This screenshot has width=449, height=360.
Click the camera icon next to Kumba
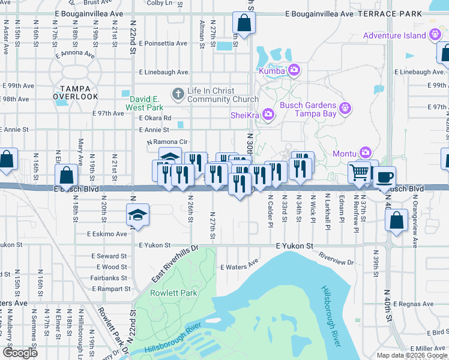click(294, 71)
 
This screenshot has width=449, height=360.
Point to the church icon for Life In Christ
click(178, 94)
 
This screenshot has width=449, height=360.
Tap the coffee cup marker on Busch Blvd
click(384, 176)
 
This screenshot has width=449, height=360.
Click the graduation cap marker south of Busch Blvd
click(137, 214)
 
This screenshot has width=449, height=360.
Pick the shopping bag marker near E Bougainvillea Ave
click(244, 23)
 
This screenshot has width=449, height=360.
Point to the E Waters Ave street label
click(239, 263)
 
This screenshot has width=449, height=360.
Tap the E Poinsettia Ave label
click(163, 44)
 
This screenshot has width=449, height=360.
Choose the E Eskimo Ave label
click(107, 234)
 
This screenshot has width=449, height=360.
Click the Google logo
click(20, 352)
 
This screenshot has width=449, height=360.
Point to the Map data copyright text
click(411, 355)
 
